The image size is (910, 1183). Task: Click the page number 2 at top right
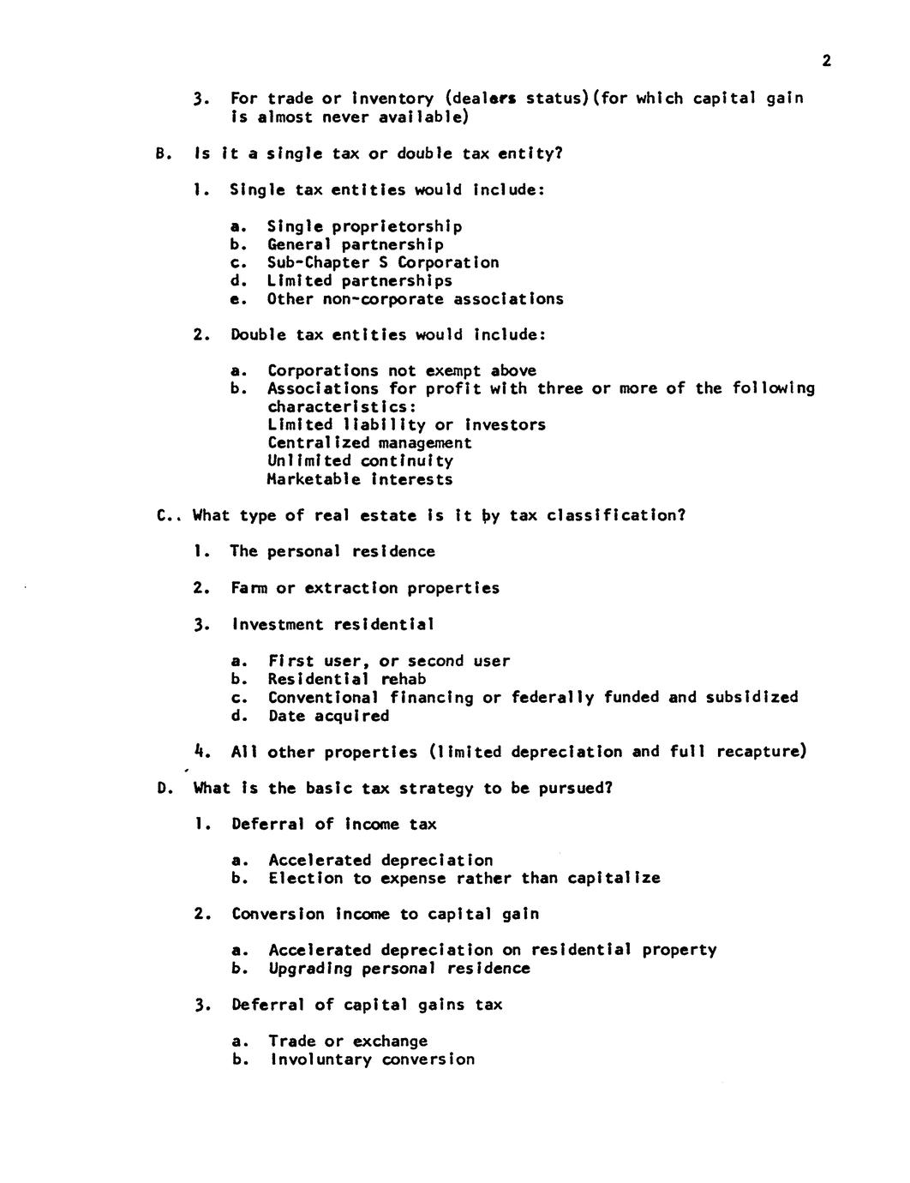(x=826, y=60)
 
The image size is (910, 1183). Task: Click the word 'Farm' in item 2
(x=248, y=588)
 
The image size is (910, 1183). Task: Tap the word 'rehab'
(x=404, y=679)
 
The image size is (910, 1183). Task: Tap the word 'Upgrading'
(x=309, y=969)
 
